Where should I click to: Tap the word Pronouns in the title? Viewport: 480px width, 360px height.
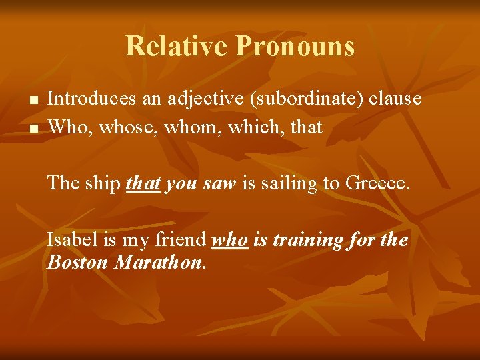(x=295, y=46)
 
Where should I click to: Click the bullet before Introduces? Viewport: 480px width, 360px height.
(x=34, y=101)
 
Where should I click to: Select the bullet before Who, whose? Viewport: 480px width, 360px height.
(x=34, y=127)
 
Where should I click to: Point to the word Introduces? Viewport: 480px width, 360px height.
(x=94, y=99)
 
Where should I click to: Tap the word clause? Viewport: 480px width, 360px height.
(x=397, y=99)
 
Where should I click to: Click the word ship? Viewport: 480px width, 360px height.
(x=103, y=183)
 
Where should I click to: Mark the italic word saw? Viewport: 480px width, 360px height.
(x=219, y=183)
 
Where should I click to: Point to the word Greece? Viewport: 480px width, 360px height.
(x=377, y=183)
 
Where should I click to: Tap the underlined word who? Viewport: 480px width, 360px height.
(x=230, y=239)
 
